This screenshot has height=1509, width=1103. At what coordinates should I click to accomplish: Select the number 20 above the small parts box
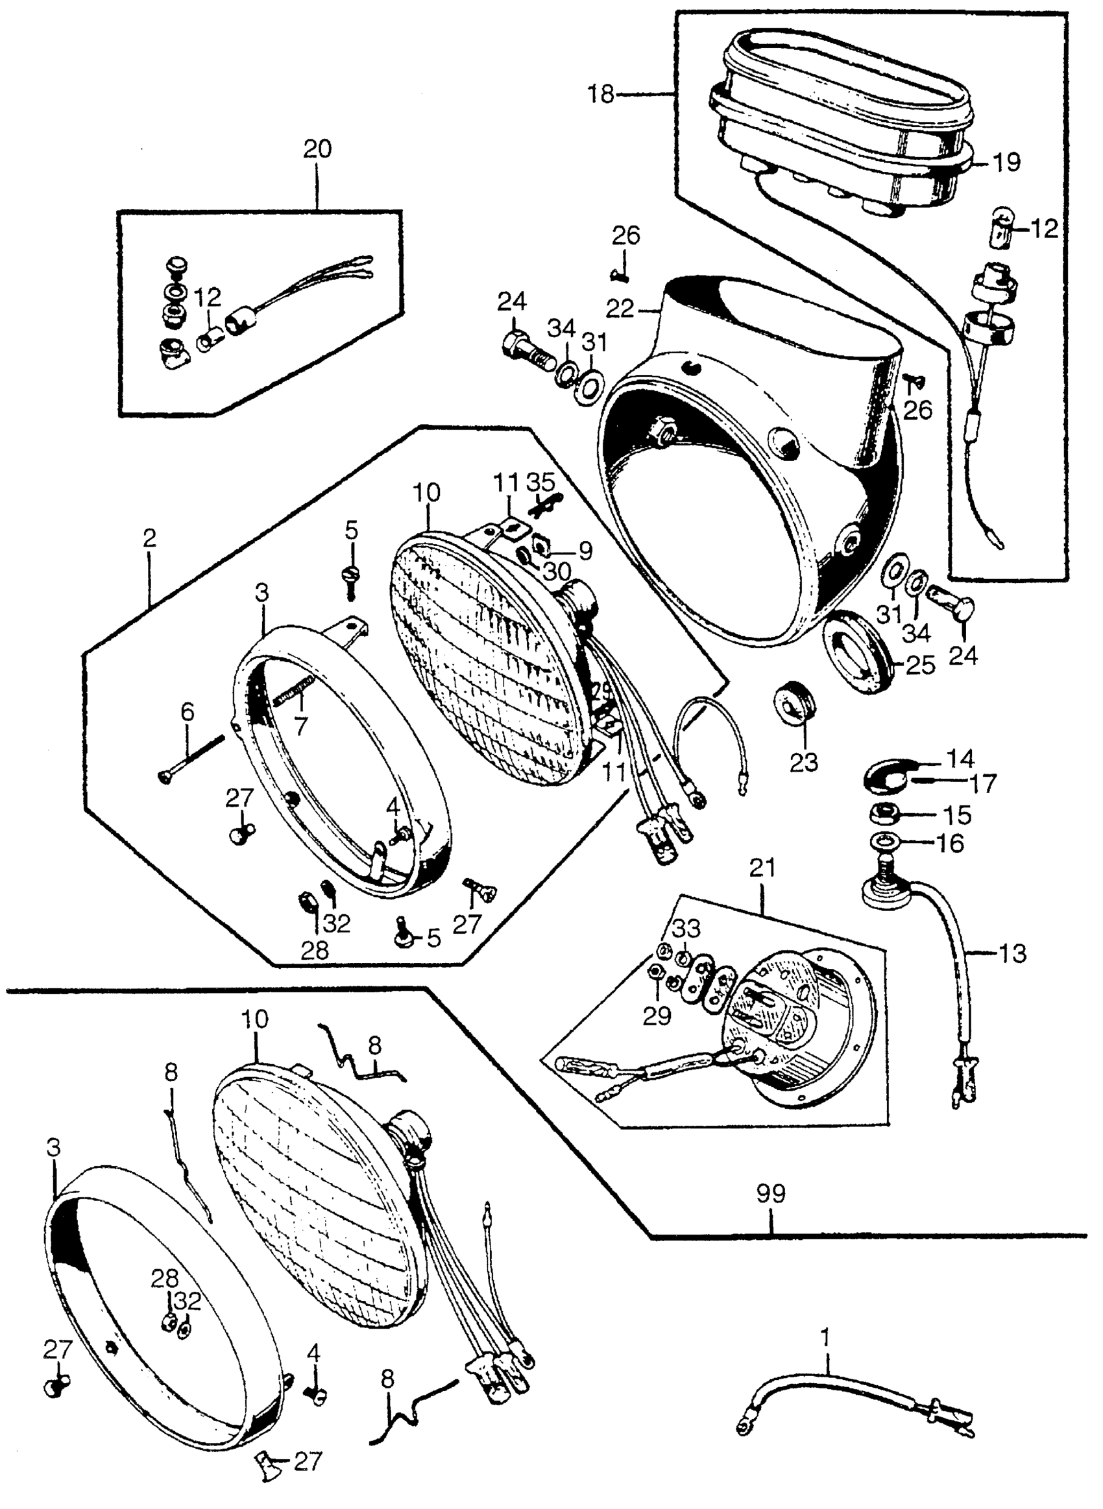pyautogui.click(x=317, y=148)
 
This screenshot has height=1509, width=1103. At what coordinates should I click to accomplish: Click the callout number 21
pyautogui.click(x=762, y=868)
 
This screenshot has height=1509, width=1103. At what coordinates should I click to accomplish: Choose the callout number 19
pyautogui.click(x=1006, y=162)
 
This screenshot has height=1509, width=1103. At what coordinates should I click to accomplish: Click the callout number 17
pyautogui.click(x=982, y=783)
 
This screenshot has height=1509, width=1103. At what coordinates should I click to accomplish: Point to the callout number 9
pyautogui.click(x=585, y=551)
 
